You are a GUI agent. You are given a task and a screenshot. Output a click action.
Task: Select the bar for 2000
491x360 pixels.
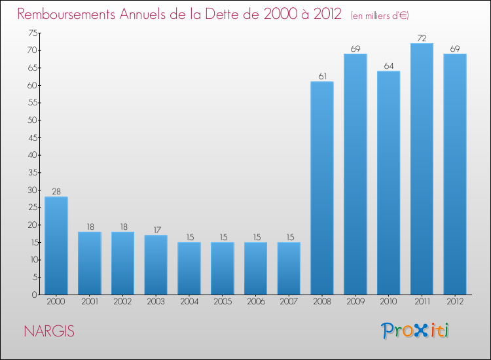click(56, 245)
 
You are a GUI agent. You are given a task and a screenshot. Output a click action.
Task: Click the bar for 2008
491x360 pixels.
click(322, 188)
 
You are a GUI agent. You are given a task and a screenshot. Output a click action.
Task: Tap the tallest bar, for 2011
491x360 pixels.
click(422, 169)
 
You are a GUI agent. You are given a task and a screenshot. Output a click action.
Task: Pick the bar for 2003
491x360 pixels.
click(156, 264)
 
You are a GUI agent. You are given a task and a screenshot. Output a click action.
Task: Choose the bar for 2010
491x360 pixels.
click(388, 183)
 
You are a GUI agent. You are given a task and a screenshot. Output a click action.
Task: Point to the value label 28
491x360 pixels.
click(56, 191)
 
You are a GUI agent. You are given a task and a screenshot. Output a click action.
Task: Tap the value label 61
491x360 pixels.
click(322, 77)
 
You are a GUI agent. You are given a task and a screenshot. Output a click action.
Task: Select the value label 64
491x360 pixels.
click(388, 66)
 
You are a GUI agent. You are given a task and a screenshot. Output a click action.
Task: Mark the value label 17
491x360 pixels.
click(156, 230)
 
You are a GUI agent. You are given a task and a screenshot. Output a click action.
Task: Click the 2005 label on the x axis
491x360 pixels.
click(223, 303)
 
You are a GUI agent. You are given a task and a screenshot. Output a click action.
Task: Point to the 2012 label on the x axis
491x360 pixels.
click(455, 303)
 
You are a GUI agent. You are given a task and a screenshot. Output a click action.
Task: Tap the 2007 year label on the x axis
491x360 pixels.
click(289, 303)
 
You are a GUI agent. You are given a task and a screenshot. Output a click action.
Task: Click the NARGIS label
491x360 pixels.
click(49, 331)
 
